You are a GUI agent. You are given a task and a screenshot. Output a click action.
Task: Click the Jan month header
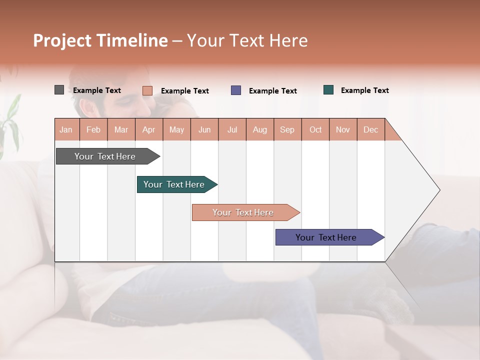[x=66, y=129]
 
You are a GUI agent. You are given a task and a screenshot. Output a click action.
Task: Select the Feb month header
[x=93, y=129]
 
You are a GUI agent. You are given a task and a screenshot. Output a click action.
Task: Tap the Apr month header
[x=149, y=129]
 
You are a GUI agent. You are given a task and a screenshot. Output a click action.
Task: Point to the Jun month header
[x=204, y=129]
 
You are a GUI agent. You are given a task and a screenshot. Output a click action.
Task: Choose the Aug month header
[x=260, y=129]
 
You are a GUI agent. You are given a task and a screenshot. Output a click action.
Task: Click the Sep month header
[x=287, y=129]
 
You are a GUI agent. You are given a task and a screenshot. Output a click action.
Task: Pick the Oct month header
[x=315, y=129]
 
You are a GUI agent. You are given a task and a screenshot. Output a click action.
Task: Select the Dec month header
[x=371, y=129]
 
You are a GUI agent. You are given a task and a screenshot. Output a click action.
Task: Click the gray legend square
[x=59, y=90]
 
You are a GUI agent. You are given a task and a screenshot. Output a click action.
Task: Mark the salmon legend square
[x=147, y=90]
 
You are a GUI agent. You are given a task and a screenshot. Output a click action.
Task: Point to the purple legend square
[x=236, y=90]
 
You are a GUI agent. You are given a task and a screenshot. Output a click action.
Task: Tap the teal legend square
[x=328, y=90]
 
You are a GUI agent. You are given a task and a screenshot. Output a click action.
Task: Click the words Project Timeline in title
[x=100, y=40]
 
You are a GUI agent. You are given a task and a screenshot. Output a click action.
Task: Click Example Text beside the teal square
[x=364, y=90]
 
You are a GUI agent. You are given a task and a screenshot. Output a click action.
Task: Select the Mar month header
[x=121, y=129]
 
